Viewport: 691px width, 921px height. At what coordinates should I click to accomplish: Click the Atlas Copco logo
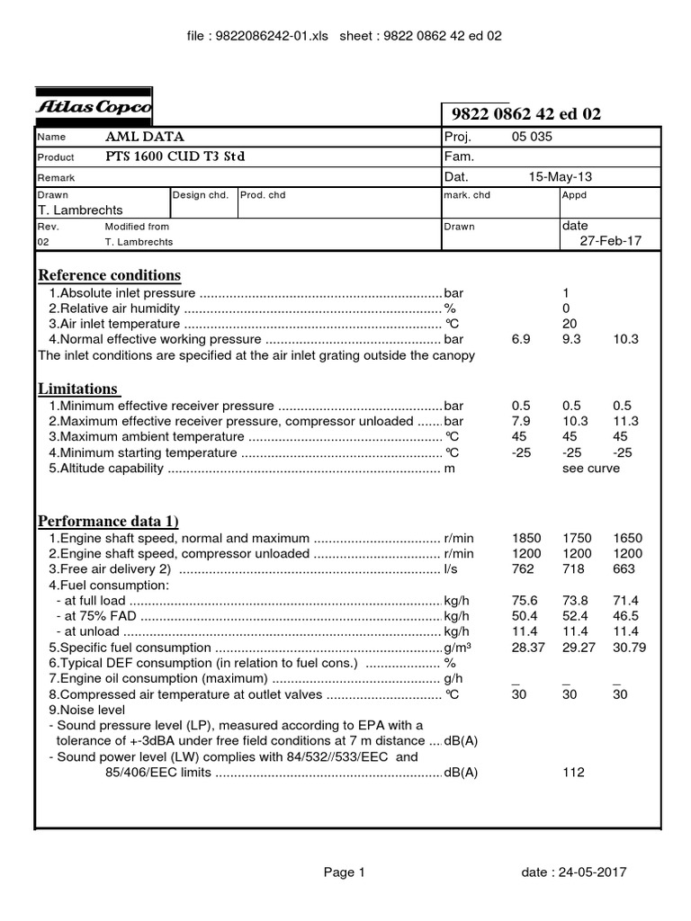pyautogui.click(x=94, y=107)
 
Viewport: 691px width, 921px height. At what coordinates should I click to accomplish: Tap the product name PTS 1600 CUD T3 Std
pyautogui.click(x=175, y=156)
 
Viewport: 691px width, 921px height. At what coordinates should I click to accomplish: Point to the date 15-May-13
pyautogui.click(x=560, y=177)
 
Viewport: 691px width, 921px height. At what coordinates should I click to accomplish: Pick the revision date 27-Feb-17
pyautogui.click(x=610, y=241)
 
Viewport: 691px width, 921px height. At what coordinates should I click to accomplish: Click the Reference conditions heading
pyautogui.click(x=109, y=275)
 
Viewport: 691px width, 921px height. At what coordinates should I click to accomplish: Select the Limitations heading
pyautogui.click(x=78, y=389)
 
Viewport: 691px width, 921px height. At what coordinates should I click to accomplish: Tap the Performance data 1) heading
pyautogui.click(x=107, y=522)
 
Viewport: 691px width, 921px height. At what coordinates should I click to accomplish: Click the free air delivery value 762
pyautogui.click(x=523, y=569)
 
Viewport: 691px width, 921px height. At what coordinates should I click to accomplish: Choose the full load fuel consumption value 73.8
pyautogui.click(x=574, y=601)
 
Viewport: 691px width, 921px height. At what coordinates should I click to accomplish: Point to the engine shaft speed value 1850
pyautogui.click(x=526, y=539)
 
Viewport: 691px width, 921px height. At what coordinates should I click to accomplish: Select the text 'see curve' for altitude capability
pyautogui.click(x=590, y=469)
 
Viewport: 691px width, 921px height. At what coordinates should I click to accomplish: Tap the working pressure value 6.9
pyautogui.click(x=521, y=340)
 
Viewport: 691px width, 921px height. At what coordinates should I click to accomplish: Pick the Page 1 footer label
pyautogui.click(x=344, y=872)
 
